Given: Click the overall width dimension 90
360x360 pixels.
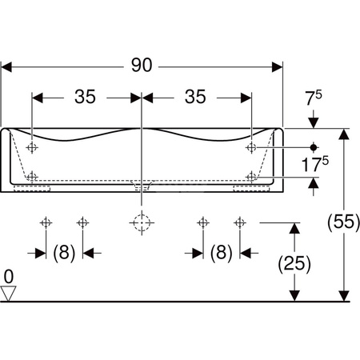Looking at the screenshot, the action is tap(142, 66).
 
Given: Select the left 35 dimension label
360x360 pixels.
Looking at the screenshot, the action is tap(85, 97).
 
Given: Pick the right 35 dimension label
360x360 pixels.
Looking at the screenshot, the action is tap(195, 97).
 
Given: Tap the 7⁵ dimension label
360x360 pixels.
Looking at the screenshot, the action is tap(314, 98).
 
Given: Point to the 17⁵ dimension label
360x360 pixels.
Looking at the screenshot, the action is tap(315, 164).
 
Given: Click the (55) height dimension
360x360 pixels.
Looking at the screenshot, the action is tap(344, 222).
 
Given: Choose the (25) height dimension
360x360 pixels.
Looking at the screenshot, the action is tap(294, 264).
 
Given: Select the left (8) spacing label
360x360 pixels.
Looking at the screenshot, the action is tap(64, 253).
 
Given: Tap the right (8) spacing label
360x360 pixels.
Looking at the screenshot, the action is tap(222, 253).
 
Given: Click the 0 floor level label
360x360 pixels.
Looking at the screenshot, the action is tap(9, 277).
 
